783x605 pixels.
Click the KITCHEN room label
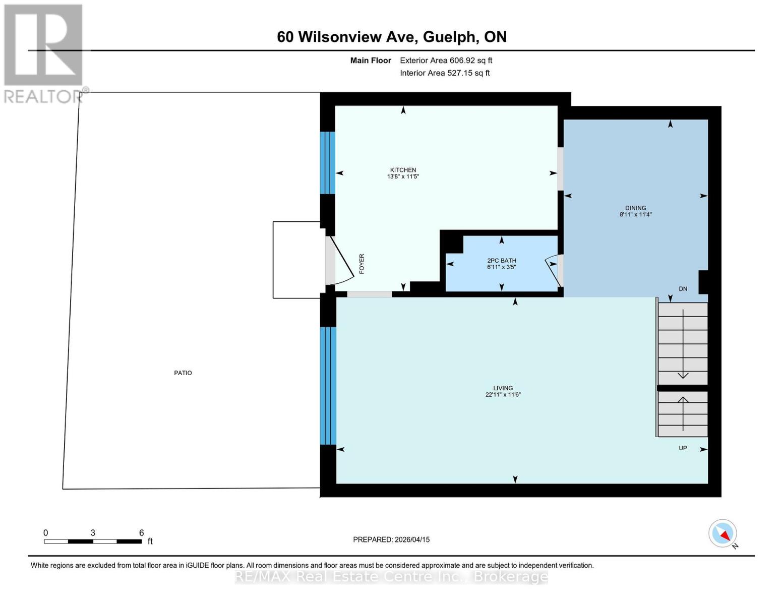pyautogui.click(x=403, y=170)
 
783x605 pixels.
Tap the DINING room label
pyautogui.click(x=635, y=208)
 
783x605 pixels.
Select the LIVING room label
pyautogui.click(x=503, y=388)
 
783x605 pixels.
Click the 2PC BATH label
pyautogui.click(x=501, y=261)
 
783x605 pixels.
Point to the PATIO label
pyautogui.click(x=183, y=373)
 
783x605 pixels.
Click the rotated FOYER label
pyautogui.click(x=362, y=264)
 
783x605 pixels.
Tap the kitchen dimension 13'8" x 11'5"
pyautogui.click(x=403, y=177)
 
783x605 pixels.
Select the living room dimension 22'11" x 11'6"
pyautogui.click(x=503, y=395)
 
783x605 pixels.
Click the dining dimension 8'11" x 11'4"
pyautogui.click(x=635, y=214)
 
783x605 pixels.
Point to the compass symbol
pyautogui.click(x=722, y=533)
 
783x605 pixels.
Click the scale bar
pyautogui.click(x=93, y=541)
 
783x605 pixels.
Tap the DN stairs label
pyautogui.click(x=683, y=289)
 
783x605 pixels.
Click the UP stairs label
pyautogui.click(x=683, y=448)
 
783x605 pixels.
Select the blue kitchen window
pyautogui.click(x=328, y=163)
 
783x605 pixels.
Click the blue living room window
pyautogui.click(x=328, y=386)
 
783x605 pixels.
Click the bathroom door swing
pyautogui.click(x=554, y=270)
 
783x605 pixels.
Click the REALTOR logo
pyautogui.click(x=44, y=53)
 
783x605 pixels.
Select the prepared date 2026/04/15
pyautogui.click(x=391, y=539)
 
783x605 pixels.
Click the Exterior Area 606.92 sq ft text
pyautogui.click(x=446, y=60)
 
